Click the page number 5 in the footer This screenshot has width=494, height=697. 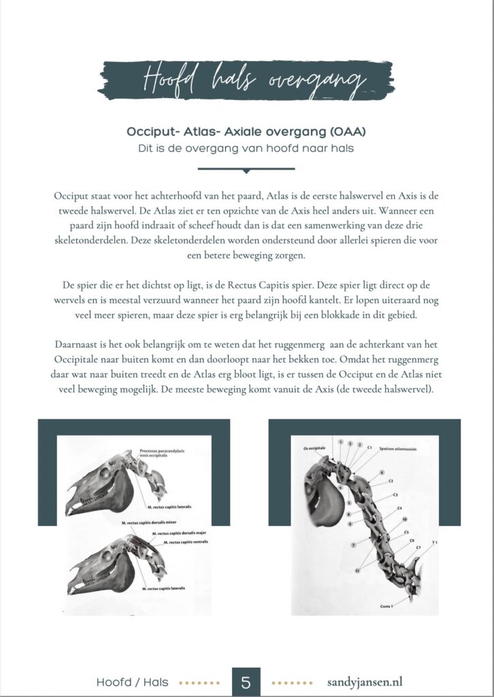(246, 681)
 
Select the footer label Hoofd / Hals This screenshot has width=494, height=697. (132, 681)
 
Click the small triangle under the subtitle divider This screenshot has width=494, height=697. (246, 171)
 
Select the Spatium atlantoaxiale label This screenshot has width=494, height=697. (398, 449)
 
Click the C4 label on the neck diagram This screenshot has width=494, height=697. (399, 508)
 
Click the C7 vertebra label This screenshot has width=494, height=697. (418, 547)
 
